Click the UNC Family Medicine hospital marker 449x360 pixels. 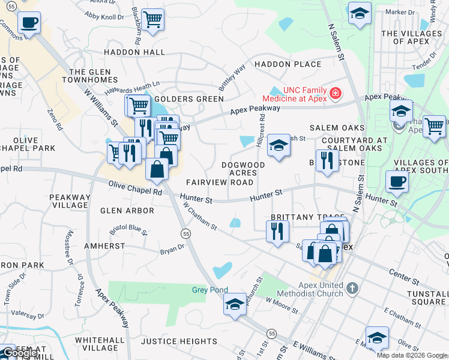tap(334, 94)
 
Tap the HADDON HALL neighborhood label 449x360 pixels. tap(134, 52)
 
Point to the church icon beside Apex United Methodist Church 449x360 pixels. tap(352, 289)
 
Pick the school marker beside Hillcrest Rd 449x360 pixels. tap(278, 145)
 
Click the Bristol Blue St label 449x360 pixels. tap(128, 229)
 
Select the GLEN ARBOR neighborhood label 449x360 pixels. tap(127, 211)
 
